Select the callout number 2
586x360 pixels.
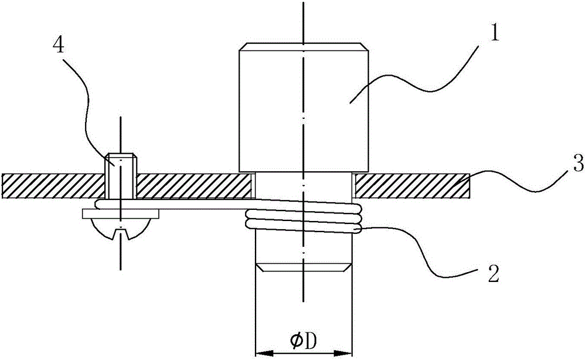[x=493, y=275]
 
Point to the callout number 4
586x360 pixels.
[x=58, y=46]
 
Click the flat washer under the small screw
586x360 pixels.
[x=120, y=214]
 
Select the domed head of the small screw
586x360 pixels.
[x=120, y=229]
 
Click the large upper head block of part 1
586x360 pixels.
[x=304, y=108]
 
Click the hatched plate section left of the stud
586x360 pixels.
[x=53, y=186]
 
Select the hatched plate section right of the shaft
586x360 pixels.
[x=412, y=186]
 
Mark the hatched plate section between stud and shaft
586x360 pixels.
[x=193, y=186]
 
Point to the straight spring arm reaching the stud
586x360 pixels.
[x=172, y=203]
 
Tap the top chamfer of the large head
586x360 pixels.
[x=304, y=47]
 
